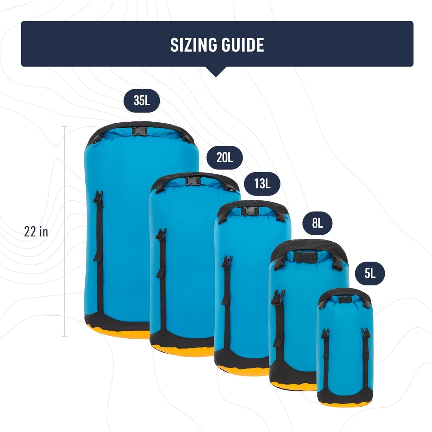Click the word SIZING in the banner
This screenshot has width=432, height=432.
click(193, 45)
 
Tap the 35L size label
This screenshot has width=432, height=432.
click(142, 101)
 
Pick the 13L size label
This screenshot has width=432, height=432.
click(262, 184)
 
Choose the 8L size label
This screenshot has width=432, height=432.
click(317, 223)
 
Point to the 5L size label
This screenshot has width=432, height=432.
click(370, 274)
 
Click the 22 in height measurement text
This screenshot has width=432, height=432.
click(36, 232)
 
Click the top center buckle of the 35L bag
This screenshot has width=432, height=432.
click(140, 131)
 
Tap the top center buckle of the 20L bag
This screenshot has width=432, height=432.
click(193, 181)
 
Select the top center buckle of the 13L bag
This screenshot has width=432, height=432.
click(250, 211)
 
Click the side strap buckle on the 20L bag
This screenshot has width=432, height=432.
click(162, 234)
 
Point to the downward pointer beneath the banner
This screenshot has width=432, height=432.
click(216, 71)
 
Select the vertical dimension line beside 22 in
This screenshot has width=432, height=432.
click(65, 231)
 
